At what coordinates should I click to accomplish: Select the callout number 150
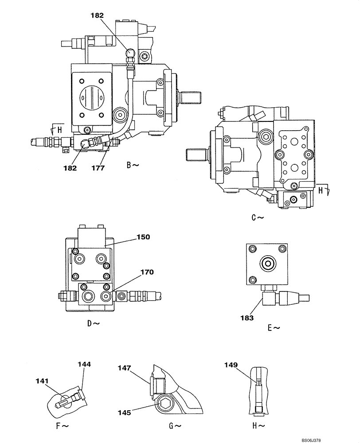144,237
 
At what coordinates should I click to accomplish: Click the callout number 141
43,381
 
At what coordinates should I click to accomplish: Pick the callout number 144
84,365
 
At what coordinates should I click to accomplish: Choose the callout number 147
125,368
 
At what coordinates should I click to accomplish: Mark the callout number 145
124,412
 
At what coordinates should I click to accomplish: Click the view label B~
133,165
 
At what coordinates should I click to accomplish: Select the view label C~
258,218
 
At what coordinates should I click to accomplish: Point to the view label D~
94,323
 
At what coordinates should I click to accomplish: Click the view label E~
274,328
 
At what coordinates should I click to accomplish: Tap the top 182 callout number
98,15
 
